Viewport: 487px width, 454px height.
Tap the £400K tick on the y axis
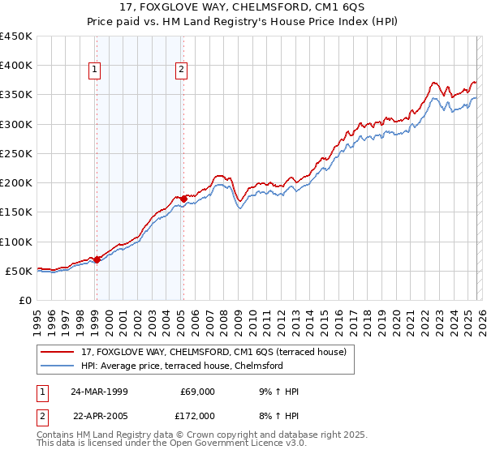tap(16, 66)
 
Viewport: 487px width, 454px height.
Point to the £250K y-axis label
tap(16, 153)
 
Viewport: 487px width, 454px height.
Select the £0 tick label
tap(27, 300)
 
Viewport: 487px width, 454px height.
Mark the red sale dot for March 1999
tap(97, 259)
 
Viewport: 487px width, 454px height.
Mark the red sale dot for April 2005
tap(183, 199)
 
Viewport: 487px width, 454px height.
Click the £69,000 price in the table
tap(197, 392)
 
